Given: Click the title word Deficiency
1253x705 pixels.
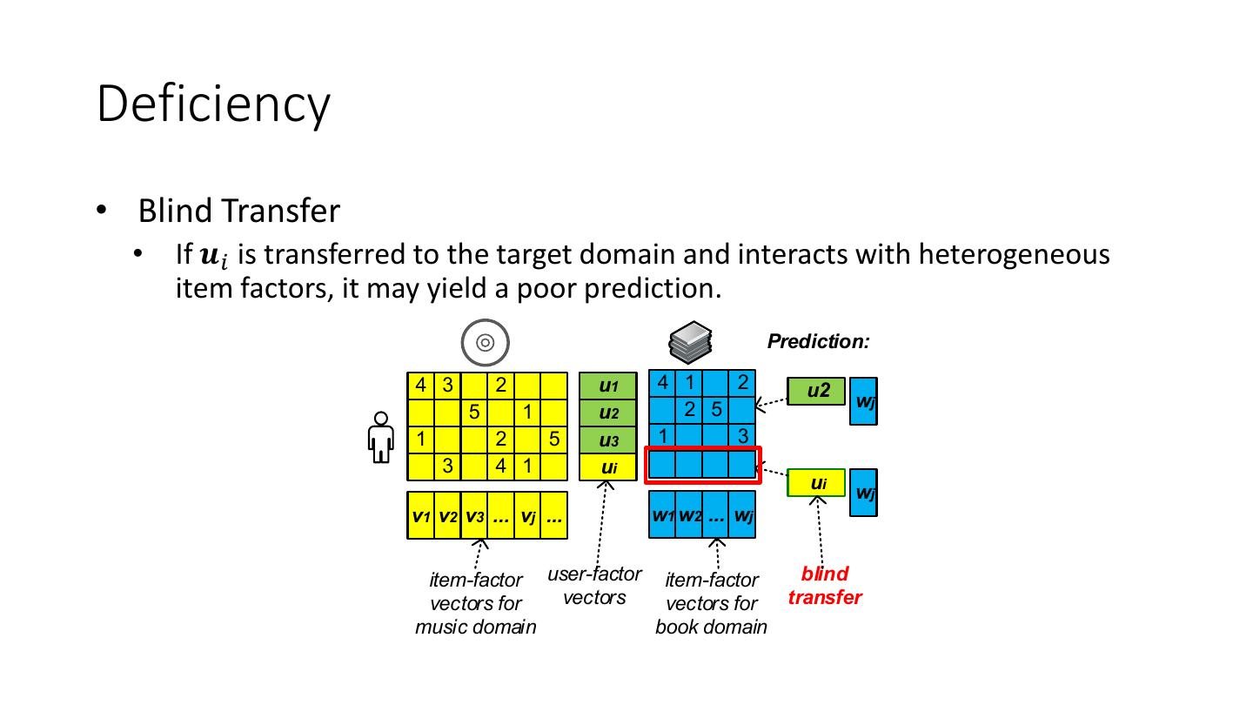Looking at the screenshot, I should [x=213, y=104].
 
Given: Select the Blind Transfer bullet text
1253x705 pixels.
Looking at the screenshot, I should [x=238, y=211].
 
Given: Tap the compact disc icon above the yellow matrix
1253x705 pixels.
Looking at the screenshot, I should [x=486, y=342].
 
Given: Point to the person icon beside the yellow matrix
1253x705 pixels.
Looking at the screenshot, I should [x=379, y=438].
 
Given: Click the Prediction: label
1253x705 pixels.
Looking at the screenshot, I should [x=818, y=342].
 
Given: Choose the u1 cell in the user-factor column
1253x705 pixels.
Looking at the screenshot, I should [x=608, y=386].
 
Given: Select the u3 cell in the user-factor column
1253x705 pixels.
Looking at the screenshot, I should [x=608, y=440].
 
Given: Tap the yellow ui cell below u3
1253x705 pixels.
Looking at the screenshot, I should [x=608, y=467].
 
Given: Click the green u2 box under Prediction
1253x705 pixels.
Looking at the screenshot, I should [x=816, y=392].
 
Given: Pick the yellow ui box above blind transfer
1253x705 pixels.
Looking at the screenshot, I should [x=816, y=482].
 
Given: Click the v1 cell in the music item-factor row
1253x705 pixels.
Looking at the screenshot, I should [x=420, y=516].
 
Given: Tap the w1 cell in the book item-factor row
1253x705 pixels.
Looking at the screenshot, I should [x=662, y=515].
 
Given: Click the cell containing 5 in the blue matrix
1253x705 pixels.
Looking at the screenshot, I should [x=716, y=408].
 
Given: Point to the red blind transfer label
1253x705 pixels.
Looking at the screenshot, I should [x=824, y=586].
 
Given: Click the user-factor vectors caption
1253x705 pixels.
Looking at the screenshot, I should [x=594, y=586].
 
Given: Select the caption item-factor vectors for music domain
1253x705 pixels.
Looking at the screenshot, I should [x=475, y=603].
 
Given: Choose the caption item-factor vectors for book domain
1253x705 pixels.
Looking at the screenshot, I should [x=711, y=603].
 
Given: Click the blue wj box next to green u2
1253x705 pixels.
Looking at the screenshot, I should [x=863, y=400].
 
